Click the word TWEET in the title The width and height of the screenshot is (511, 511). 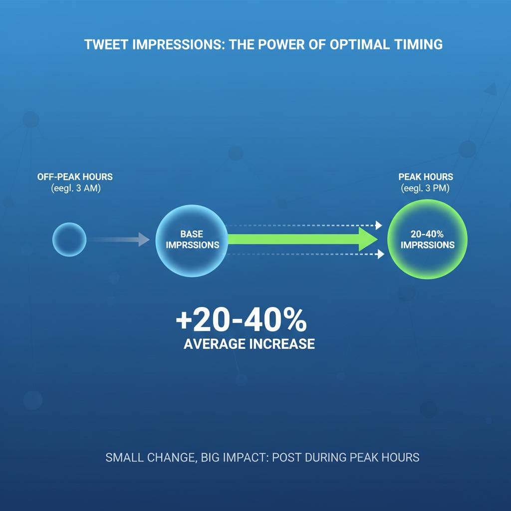point(103,44)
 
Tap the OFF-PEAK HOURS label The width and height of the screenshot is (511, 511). point(75,177)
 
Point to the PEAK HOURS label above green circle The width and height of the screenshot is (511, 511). point(426,177)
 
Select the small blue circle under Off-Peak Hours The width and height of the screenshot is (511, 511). point(69,240)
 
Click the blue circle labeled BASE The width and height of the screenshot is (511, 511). point(192,240)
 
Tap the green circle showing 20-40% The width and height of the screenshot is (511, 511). point(428,240)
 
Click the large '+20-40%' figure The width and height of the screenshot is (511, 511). point(242,321)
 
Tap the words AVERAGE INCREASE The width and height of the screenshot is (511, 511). point(249,344)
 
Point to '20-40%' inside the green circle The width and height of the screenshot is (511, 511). point(428,234)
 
